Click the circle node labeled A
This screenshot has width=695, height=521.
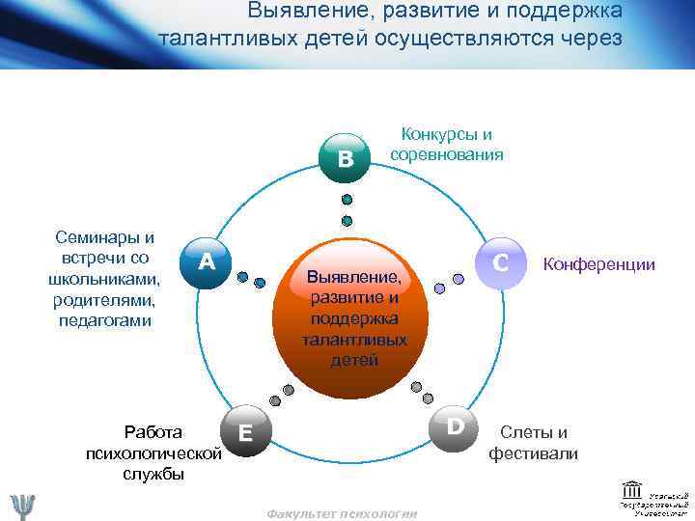point(206,262)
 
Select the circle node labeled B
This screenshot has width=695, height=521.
point(346,158)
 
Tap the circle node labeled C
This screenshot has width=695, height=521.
point(500,262)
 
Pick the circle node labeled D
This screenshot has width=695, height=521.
point(456,425)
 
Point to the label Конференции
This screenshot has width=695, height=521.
point(599,264)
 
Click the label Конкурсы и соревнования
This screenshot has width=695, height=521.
point(446,145)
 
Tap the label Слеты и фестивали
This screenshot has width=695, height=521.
point(533,443)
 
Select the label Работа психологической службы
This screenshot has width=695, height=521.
point(154,452)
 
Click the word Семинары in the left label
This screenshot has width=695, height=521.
point(105,238)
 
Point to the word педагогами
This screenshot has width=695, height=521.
point(105,319)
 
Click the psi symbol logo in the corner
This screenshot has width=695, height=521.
point(22,506)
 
